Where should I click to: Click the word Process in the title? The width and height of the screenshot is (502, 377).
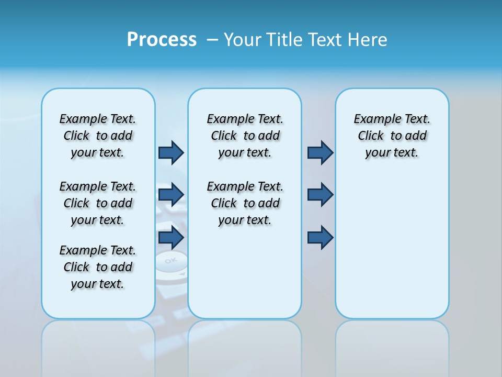(x=162, y=40)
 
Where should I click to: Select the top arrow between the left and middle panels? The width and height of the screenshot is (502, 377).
(x=171, y=152)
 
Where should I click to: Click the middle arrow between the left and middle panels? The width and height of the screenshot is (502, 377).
(x=171, y=195)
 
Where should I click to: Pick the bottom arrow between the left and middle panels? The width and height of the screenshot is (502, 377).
(x=171, y=238)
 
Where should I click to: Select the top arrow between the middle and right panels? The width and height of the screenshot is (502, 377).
(x=320, y=152)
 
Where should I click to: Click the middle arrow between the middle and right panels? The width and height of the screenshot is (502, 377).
(x=320, y=195)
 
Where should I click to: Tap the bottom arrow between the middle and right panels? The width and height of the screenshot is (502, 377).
(x=320, y=238)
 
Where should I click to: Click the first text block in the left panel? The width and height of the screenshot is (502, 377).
(x=98, y=136)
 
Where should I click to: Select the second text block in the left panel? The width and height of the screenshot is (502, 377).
(x=98, y=203)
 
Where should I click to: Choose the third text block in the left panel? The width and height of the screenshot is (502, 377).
(x=98, y=267)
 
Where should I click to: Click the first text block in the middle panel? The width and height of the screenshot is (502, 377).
(x=245, y=136)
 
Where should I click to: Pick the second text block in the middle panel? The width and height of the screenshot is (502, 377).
(x=245, y=203)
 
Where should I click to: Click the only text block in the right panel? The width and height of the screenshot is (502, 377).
(x=392, y=136)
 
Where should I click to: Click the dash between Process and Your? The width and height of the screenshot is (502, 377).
(x=212, y=40)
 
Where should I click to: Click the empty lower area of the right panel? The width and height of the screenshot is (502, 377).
(x=392, y=251)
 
